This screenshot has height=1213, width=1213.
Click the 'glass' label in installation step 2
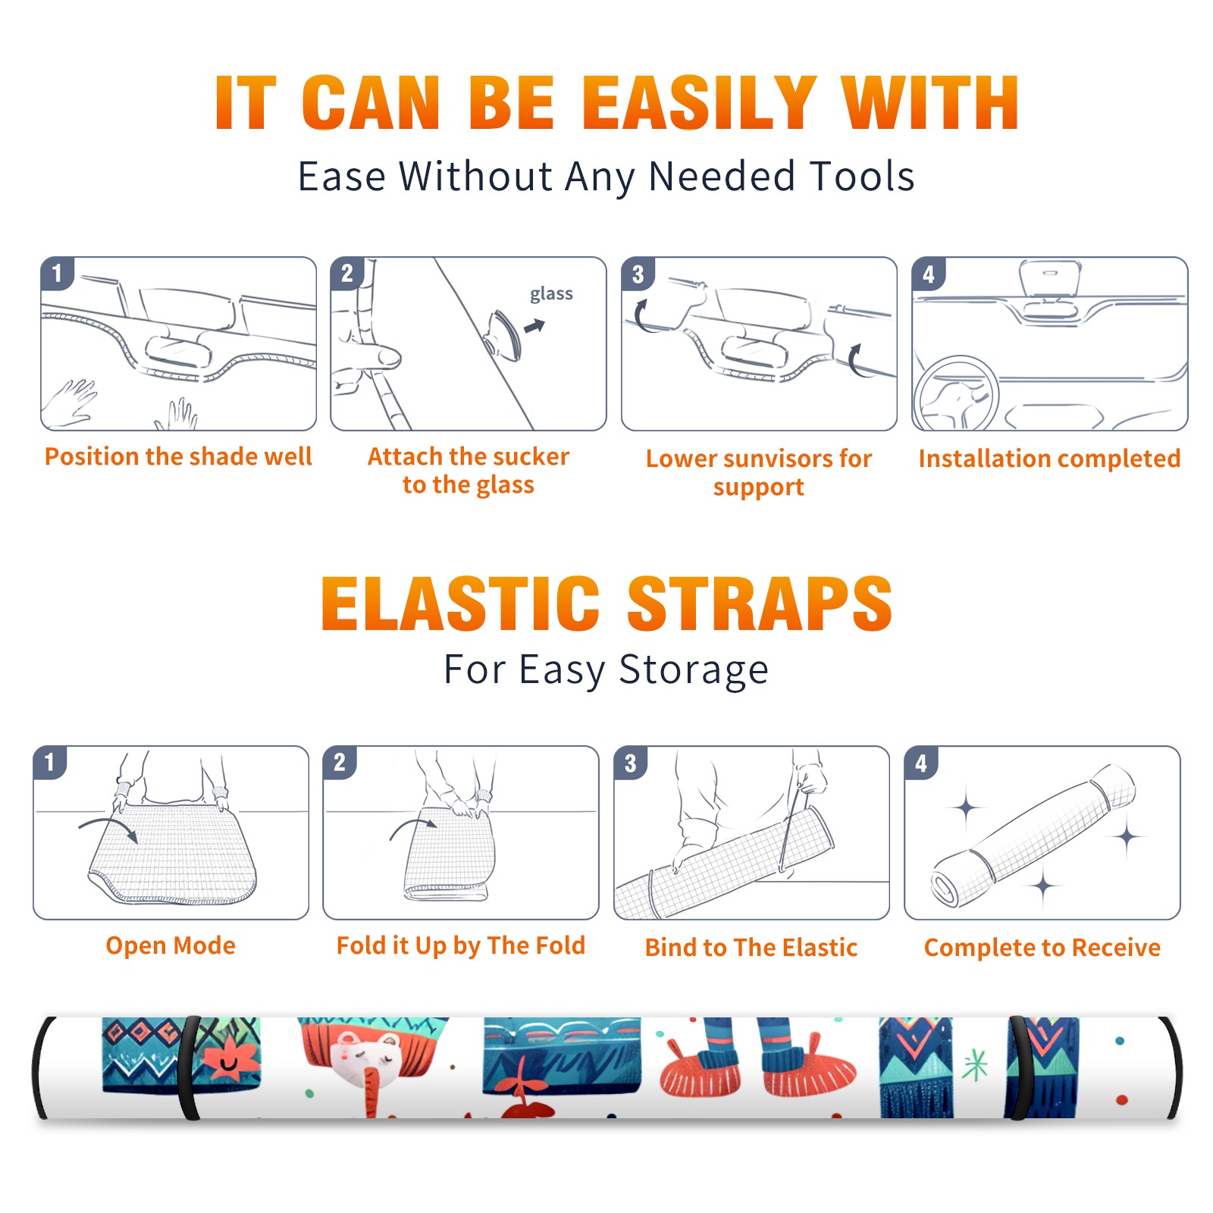tap(551, 294)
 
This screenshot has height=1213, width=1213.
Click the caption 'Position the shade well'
tap(178, 456)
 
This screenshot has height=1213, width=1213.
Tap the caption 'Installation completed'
tap(1049, 458)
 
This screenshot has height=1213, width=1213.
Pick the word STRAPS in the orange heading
tap(760, 603)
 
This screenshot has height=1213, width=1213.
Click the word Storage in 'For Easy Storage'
tap(694, 670)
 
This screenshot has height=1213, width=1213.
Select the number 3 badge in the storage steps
tap(631, 763)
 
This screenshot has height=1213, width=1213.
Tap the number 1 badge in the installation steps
tap(58, 273)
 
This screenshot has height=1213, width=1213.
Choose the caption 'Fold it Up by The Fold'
tap(461, 945)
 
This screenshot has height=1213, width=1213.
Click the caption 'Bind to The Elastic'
tap(751, 948)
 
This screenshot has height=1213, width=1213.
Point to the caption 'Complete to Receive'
tap(1042, 948)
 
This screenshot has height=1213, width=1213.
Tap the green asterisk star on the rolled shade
tap(976, 1064)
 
